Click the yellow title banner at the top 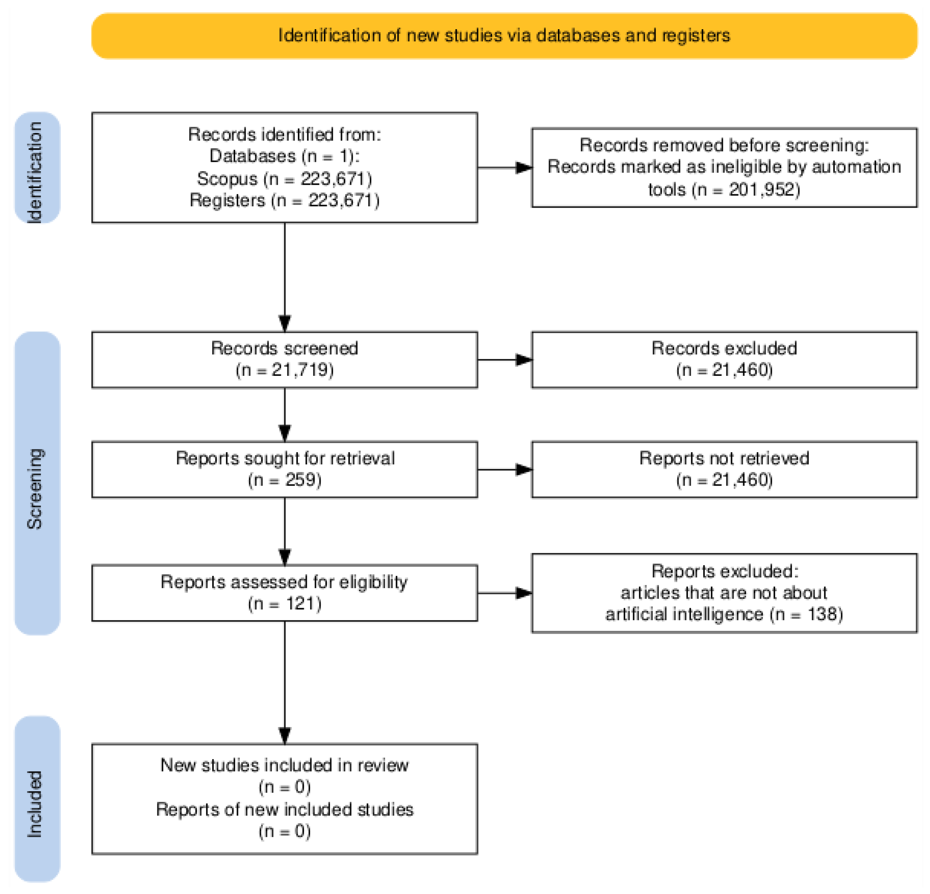(504, 35)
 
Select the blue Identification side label (37, 167)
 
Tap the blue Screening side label (37, 483)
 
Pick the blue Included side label (37, 798)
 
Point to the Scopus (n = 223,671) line (284, 178)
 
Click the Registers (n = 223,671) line (284, 200)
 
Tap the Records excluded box (724, 360)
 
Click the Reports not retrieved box (724, 469)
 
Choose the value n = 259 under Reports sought (284, 480)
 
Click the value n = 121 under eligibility (284, 604)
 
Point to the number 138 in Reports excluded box (823, 614)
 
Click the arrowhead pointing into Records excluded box (524, 360)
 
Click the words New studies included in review (284, 765)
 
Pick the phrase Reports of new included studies (284, 809)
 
